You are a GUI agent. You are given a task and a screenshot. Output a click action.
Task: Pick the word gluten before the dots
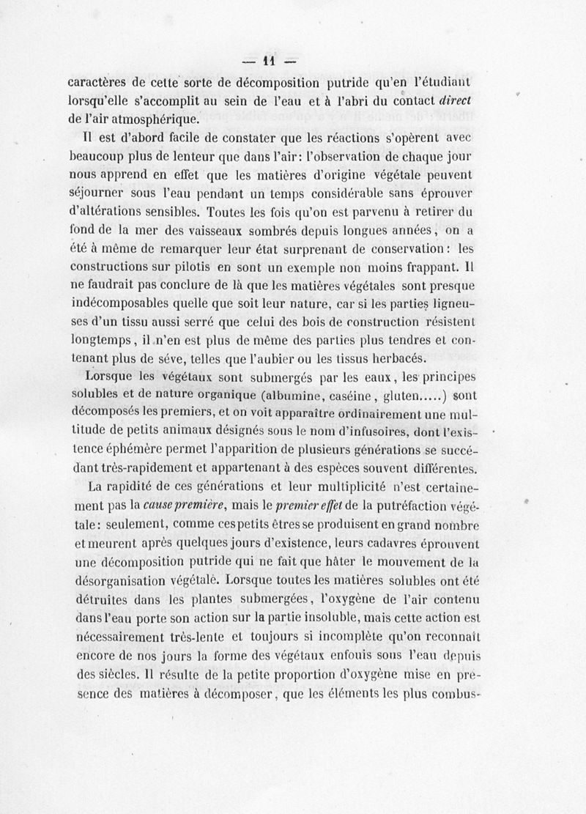(x=410, y=396)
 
